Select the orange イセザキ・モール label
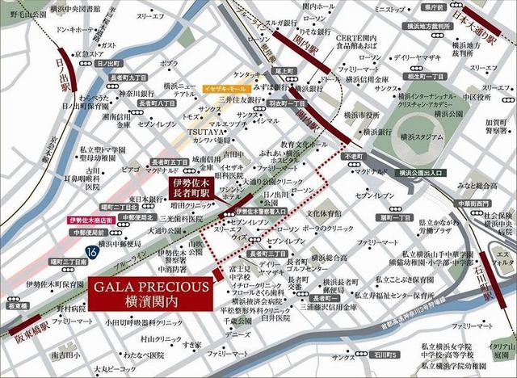click(x=219, y=86)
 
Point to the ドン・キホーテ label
click(x=74, y=27)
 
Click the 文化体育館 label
click(x=324, y=213)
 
